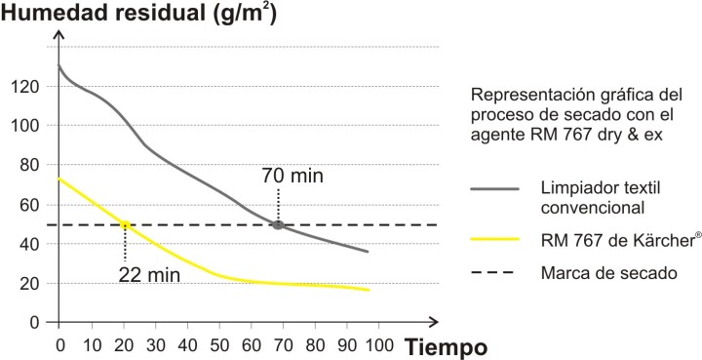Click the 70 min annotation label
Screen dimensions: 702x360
[292, 176]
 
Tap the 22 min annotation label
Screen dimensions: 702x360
[149, 275]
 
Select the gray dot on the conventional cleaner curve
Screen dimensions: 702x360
[278, 224]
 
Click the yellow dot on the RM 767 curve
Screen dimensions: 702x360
[125, 224]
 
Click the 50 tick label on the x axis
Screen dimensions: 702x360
[219, 345]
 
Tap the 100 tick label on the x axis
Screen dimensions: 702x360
[380, 345]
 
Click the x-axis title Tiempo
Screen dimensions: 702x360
[446, 347]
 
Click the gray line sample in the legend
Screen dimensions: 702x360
[494, 189]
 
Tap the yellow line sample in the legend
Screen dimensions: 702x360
[494, 239]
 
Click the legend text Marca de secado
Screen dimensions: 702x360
[608, 273]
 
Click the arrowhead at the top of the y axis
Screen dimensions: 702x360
[59, 34]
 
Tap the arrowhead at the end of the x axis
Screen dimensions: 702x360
[432, 322]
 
